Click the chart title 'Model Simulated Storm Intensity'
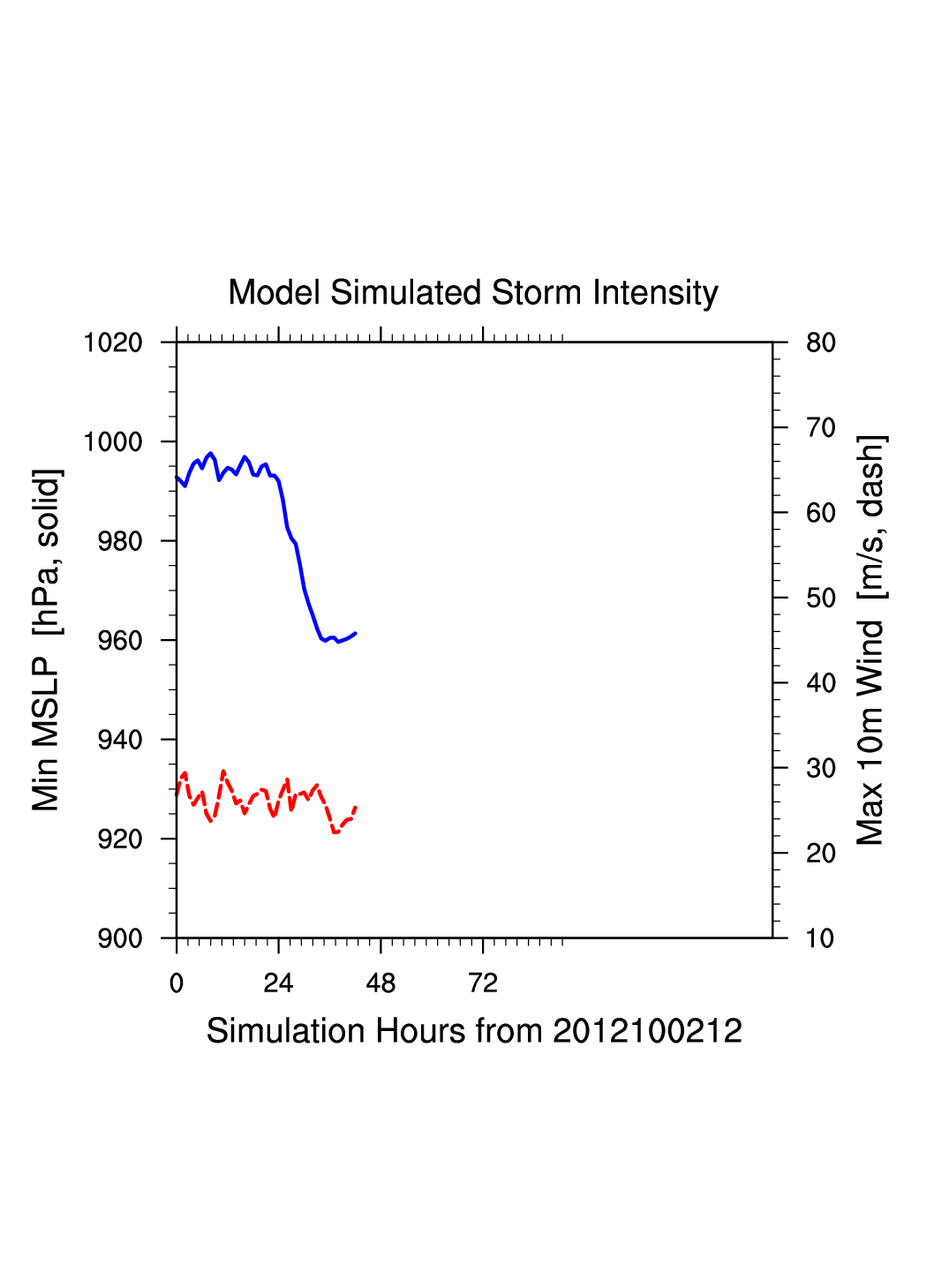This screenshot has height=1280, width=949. (473, 293)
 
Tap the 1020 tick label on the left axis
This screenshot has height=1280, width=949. (113, 343)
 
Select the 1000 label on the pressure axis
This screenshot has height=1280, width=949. (113, 442)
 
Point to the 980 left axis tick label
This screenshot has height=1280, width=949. (120, 541)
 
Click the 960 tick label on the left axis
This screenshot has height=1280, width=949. (120, 641)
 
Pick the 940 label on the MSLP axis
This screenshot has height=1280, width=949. (120, 740)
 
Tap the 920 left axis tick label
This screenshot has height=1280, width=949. (120, 840)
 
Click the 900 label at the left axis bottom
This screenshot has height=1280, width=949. (120, 938)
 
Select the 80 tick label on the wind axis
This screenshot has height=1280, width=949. (821, 343)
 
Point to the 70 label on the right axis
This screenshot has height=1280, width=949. (821, 428)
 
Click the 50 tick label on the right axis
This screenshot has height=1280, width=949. (821, 599)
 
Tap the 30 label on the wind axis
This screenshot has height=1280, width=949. (821, 768)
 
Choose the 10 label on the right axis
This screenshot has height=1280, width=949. (821, 938)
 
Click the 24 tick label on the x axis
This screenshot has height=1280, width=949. (278, 983)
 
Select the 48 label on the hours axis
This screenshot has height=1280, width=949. (380, 983)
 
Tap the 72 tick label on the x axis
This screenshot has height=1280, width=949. (483, 983)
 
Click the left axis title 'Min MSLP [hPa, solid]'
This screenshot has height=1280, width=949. (46, 640)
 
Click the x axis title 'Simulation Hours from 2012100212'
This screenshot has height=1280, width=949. (474, 1031)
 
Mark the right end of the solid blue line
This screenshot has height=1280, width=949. (355, 633)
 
